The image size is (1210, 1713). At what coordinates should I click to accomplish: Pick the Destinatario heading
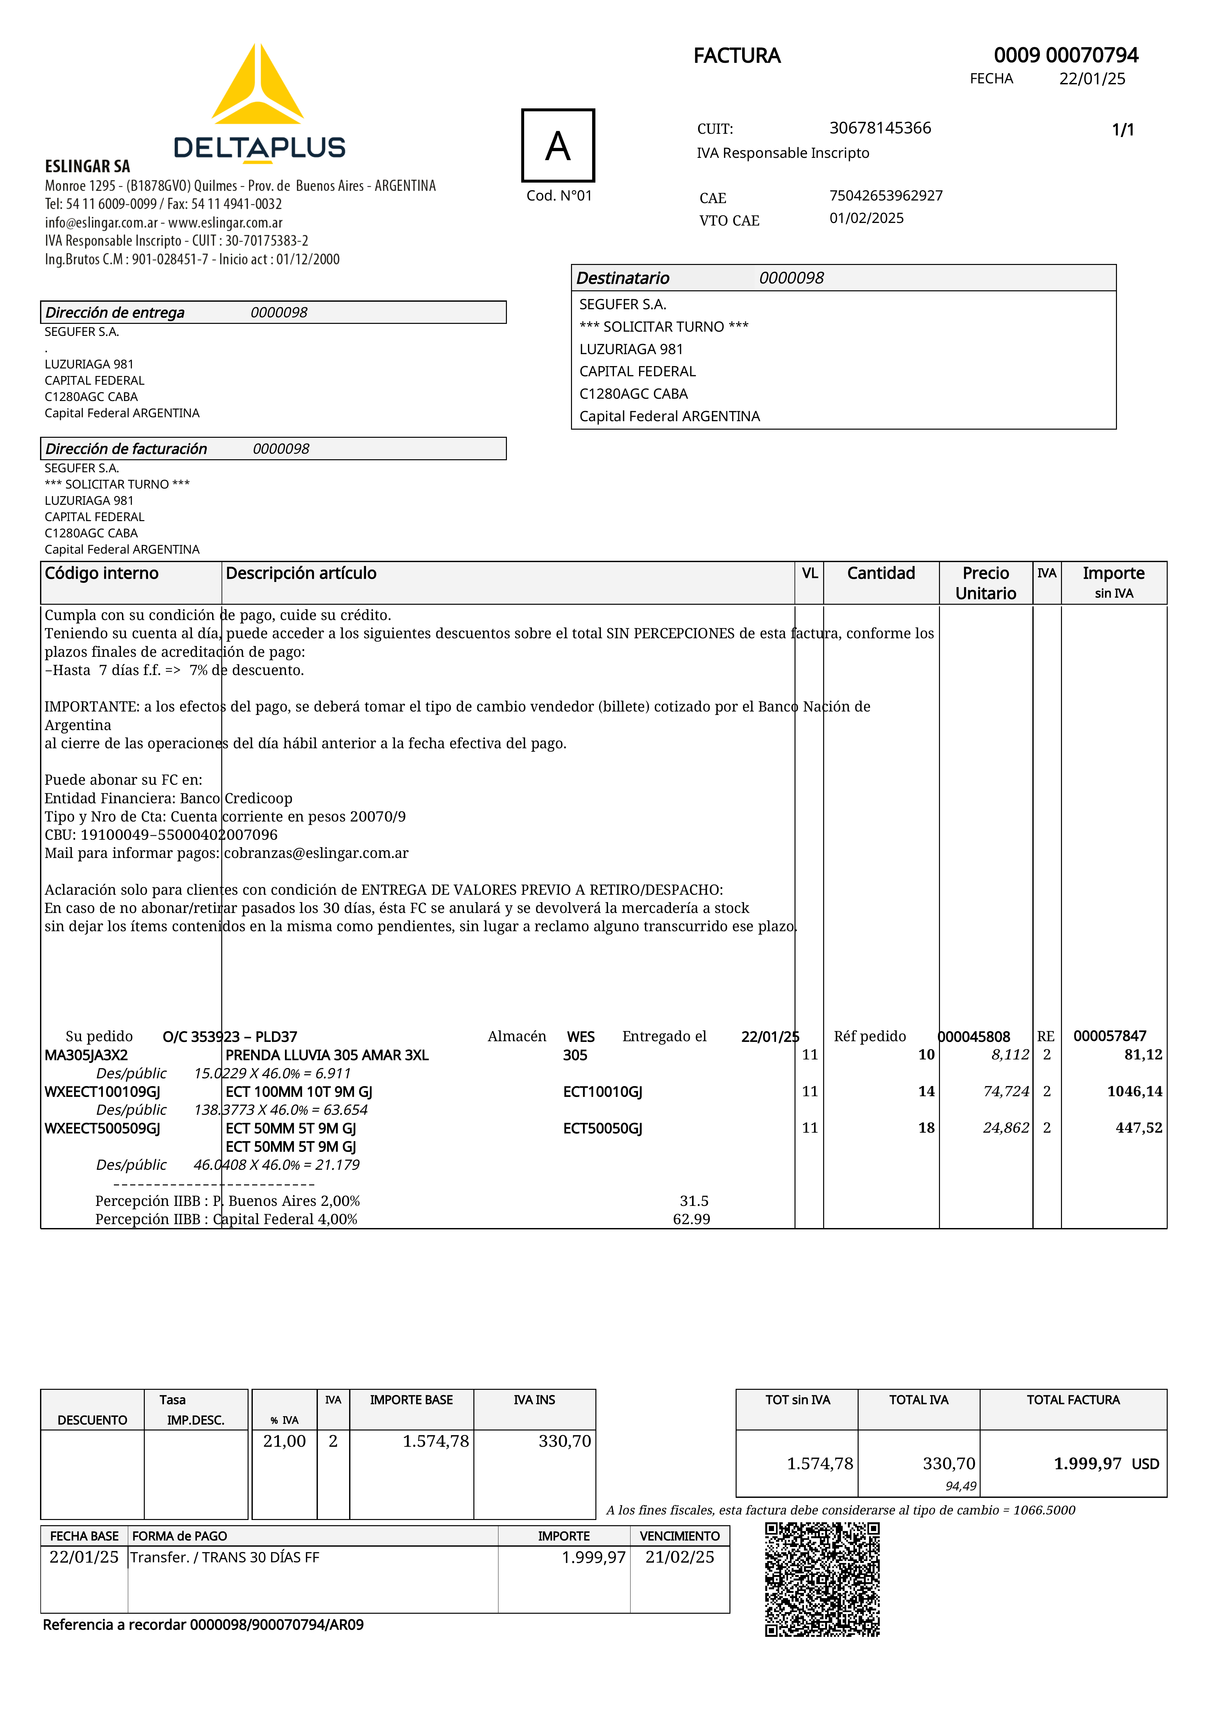[623, 278]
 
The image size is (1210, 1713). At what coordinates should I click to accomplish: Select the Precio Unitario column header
[986, 583]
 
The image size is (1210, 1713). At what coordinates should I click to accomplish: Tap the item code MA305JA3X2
[86, 1055]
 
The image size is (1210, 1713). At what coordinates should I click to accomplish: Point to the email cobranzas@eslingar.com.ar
[316, 853]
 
